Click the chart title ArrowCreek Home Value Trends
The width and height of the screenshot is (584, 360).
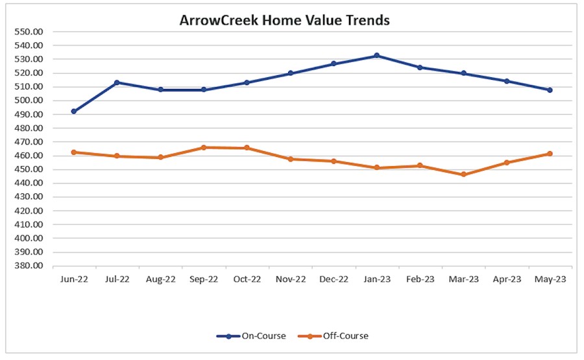coord(284,20)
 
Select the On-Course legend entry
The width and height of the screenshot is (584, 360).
coord(253,335)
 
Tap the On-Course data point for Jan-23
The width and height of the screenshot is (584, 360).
coord(376,56)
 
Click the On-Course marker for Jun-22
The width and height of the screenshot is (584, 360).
coord(74,112)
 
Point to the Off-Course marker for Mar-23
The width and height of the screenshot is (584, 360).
coord(463,174)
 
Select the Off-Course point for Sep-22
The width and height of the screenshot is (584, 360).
coord(204,147)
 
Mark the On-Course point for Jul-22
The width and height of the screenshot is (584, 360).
coord(117,82)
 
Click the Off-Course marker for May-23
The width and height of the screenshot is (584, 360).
coord(550,154)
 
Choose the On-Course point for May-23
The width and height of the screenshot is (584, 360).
coord(550,90)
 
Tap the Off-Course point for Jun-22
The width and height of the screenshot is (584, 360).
coord(74,152)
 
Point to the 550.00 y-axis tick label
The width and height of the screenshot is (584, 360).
coord(29,32)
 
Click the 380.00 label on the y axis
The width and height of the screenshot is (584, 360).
coord(29,266)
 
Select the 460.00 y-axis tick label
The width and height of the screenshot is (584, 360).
coord(29,156)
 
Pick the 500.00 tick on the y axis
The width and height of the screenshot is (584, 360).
coord(29,101)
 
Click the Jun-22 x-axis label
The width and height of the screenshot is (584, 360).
coord(74,280)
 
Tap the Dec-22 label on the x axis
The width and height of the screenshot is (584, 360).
coord(334,280)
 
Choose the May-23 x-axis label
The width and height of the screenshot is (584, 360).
coord(550,280)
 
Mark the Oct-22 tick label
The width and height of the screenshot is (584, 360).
coord(247,280)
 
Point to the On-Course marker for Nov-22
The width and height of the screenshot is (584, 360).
coord(290,73)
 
